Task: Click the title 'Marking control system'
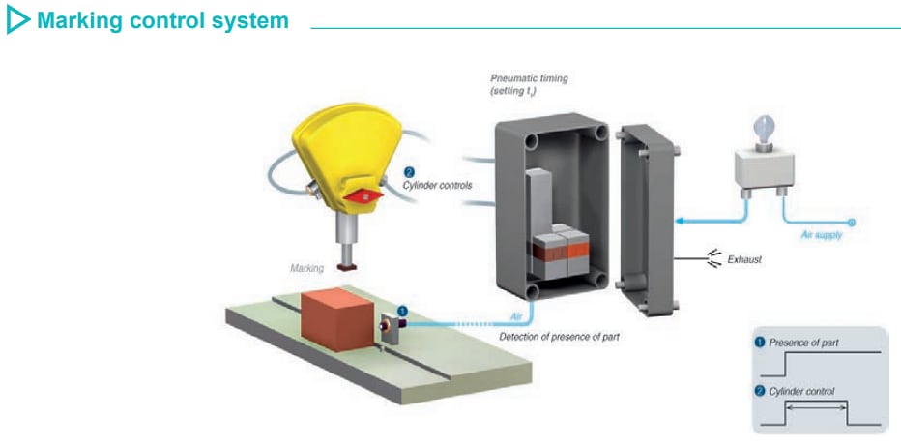161,20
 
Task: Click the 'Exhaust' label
744,259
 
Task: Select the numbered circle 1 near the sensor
402,311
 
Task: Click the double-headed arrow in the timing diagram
817,409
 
